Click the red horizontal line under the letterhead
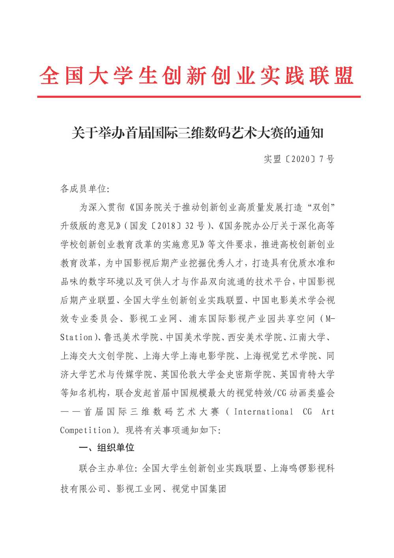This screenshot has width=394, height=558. pos(199,96)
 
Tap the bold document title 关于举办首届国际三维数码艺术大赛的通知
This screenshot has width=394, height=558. pos(197,133)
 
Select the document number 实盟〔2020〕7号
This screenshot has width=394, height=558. pos(299,159)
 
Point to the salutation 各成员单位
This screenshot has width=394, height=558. pos(83,189)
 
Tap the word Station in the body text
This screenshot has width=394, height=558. pos(76,337)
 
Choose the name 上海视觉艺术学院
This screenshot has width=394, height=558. pos(280,356)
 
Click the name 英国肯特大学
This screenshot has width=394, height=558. pos(307,374)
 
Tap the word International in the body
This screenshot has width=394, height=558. pos(263,412)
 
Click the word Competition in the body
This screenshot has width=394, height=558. pos(85,430)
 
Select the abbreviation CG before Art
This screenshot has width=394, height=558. pos(307,412)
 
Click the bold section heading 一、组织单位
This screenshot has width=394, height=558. pos(107,448)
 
